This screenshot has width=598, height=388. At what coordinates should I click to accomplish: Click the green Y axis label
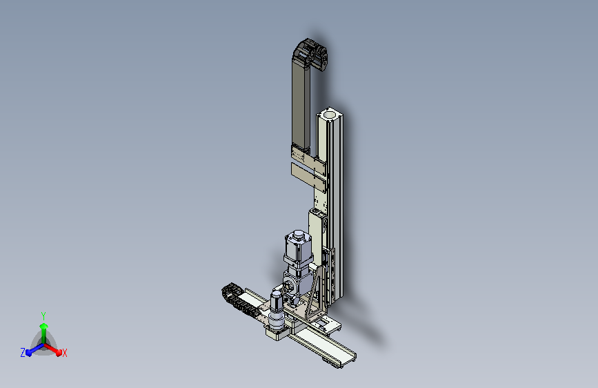point(43,316)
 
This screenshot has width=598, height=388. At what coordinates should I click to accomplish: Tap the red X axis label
point(64,353)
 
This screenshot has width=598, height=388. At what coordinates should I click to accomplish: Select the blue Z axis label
point(23,353)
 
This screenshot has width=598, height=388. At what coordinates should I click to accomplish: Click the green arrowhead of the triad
point(43,326)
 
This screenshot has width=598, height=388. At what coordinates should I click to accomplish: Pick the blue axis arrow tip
point(29,353)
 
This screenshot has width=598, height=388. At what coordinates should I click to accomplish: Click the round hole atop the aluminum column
point(329,114)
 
